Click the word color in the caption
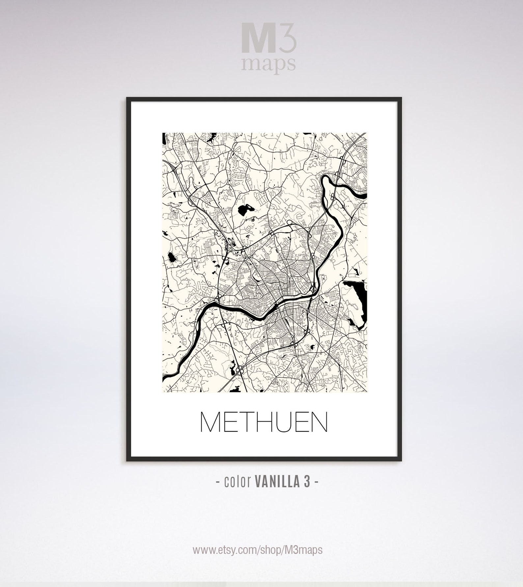click(236, 482)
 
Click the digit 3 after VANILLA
click(306, 482)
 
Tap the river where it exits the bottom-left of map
click(168, 374)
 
